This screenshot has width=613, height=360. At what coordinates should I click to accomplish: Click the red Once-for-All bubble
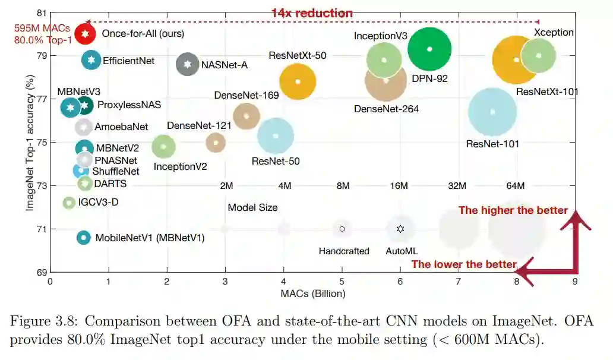tap(86, 34)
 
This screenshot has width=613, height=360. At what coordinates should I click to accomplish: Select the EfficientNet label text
tap(128, 61)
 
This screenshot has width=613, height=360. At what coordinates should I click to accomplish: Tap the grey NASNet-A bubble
tap(188, 64)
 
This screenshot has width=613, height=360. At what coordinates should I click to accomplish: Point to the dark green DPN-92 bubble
tap(429, 49)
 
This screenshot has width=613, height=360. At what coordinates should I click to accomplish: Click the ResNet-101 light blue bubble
tap(492, 112)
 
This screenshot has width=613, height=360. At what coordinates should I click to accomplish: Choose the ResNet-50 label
tap(276, 161)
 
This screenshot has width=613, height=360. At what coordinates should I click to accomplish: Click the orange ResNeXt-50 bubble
tap(298, 81)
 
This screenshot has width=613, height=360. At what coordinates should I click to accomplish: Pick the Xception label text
tap(554, 32)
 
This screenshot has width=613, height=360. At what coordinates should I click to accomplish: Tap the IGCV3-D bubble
tap(69, 203)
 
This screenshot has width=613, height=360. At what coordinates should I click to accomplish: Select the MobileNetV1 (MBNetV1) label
tap(150, 238)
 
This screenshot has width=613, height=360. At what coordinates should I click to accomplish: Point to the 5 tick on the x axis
tap(342, 282)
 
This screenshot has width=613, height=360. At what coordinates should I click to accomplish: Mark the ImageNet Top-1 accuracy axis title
tap(29, 143)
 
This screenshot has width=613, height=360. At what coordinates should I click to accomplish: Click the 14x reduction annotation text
tap(312, 13)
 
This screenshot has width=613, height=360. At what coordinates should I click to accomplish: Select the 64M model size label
tap(515, 186)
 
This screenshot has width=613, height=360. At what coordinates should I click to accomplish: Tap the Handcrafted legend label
tap(344, 251)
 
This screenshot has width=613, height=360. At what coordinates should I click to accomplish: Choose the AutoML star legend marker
tap(400, 229)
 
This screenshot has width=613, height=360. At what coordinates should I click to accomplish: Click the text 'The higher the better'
tap(513, 210)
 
